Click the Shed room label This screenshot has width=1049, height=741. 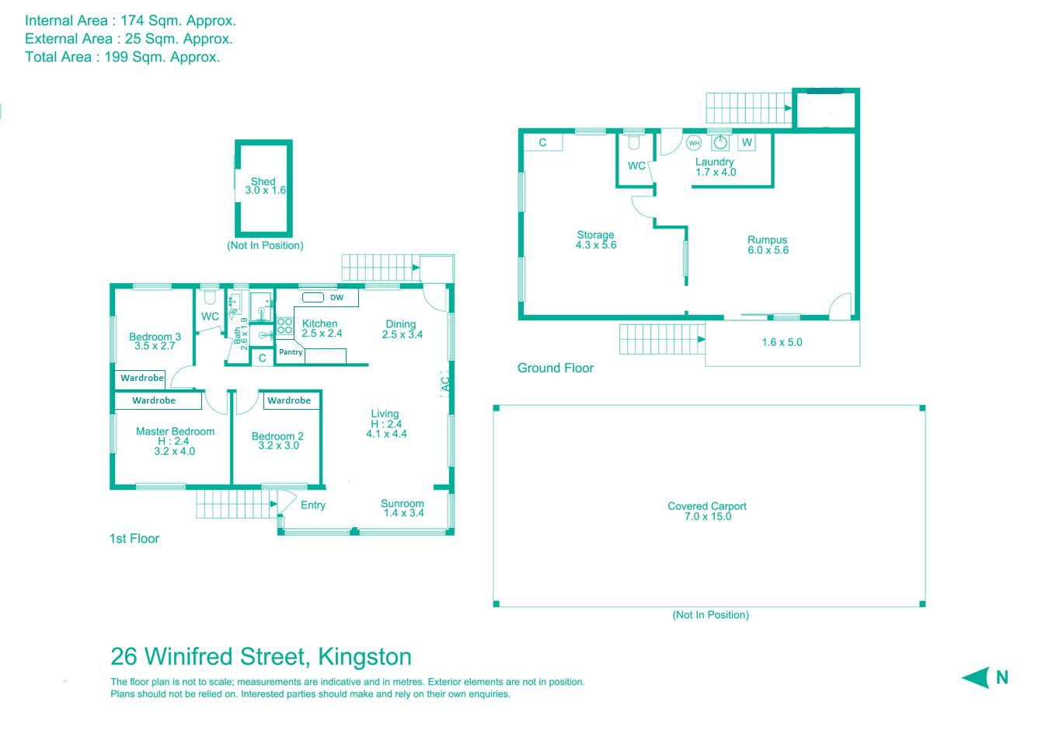coord(263,182)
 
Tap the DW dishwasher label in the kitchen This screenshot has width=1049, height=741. coord(336,298)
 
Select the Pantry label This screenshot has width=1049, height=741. coord(291,352)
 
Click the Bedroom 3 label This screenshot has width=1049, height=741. coord(155,337)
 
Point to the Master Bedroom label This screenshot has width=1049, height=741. coord(175,432)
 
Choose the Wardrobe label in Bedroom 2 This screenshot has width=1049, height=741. coord(289,400)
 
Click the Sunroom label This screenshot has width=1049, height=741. coord(403,504)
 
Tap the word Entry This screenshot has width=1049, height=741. coord(313,505)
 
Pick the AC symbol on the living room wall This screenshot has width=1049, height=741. coord(445,384)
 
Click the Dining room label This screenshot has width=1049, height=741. coord(401,324)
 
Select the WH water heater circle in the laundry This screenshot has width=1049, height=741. coord(694,143)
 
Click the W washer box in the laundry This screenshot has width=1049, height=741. coord(747,142)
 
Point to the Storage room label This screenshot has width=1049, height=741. coord(595,235)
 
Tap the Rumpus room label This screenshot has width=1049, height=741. coord(768,240)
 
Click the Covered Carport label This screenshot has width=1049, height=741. coord(707,506)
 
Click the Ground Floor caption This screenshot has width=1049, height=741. coord(556,368)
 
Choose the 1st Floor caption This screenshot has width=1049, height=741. coord(134,539)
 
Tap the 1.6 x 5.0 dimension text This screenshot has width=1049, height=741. coord(782,342)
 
